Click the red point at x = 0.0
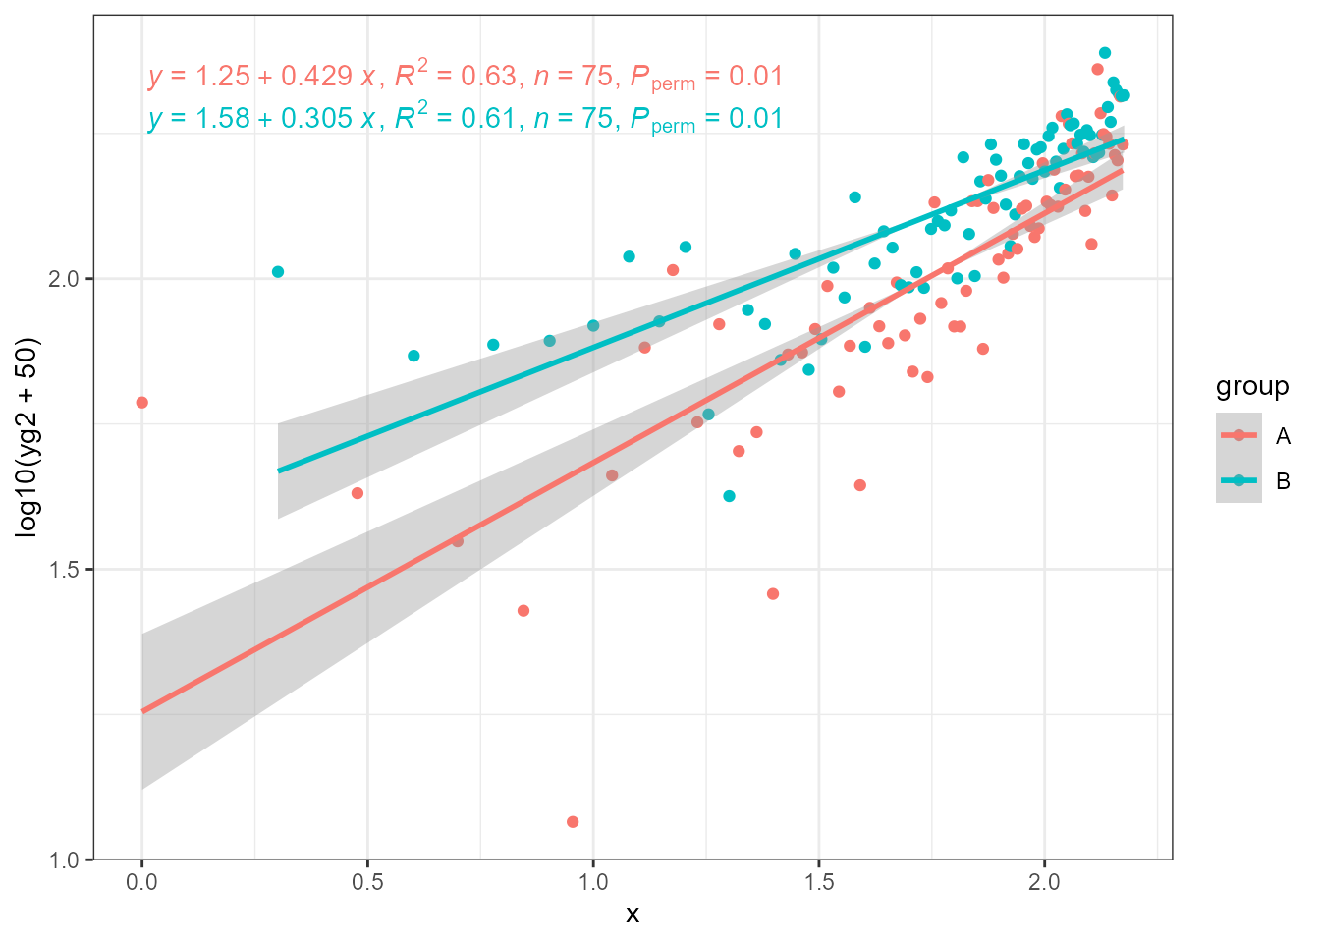[141, 403]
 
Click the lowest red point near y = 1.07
[573, 822]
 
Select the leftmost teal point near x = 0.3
[278, 272]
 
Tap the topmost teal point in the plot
[1105, 53]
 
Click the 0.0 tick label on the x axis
[141, 881]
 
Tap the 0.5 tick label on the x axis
[367, 881]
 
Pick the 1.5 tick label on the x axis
[819, 881]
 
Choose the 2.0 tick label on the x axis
[1044, 881]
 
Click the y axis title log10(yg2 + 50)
[27, 437]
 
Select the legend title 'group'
[1252, 387]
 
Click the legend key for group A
[1238, 435]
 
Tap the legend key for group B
[1238, 480]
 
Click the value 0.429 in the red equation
[316, 77]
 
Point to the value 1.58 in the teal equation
[224, 119]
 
